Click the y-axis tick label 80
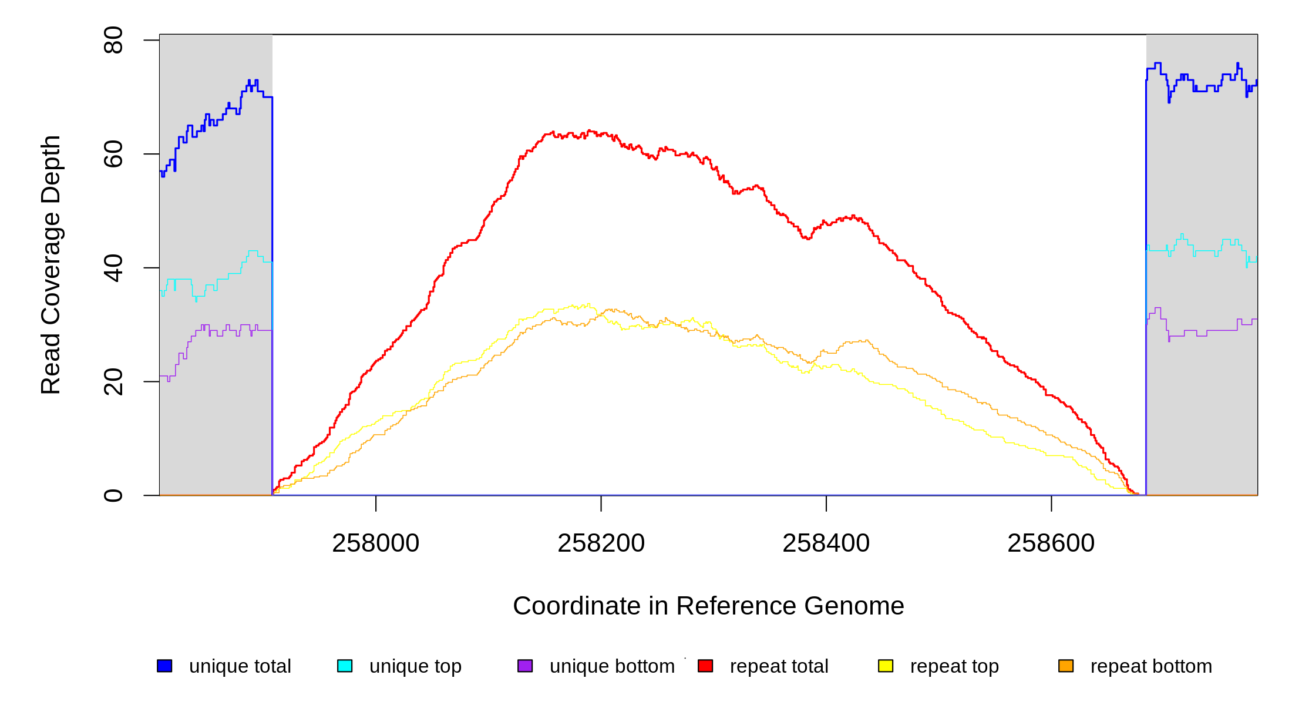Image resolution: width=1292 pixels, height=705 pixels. pyautogui.click(x=113, y=40)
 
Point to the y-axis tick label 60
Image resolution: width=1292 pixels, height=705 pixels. pyautogui.click(x=113, y=154)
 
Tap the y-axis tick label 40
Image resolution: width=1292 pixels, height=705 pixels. pyautogui.click(x=113, y=268)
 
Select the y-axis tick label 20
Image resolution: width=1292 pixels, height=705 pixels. pyautogui.click(x=113, y=381)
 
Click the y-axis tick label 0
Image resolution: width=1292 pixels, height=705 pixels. pyautogui.click(x=113, y=495)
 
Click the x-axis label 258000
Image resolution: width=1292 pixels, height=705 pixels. pyautogui.click(x=376, y=543)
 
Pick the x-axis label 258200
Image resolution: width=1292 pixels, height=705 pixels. pyautogui.click(x=601, y=543)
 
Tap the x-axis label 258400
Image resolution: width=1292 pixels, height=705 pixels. pyautogui.click(x=826, y=543)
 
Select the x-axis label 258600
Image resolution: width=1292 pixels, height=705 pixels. pyautogui.click(x=1051, y=543)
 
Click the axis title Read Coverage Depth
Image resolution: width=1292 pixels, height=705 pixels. pyautogui.click(x=51, y=264)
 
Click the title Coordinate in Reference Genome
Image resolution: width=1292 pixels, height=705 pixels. pyautogui.click(x=708, y=606)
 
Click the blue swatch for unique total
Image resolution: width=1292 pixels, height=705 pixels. pyautogui.click(x=164, y=666)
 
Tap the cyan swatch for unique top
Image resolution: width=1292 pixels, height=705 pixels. pyautogui.click(x=345, y=666)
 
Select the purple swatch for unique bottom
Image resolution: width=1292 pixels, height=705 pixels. pyautogui.click(x=525, y=666)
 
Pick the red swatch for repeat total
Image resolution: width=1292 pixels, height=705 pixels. pyautogui.click(x=705, y=666)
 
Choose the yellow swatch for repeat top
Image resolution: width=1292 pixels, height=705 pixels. pyautogui.click(x=886, y=666)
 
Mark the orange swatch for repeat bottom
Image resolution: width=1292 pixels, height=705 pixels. pyautogui.click(x=1066, y=666)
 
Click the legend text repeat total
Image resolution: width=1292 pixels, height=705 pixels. pyautogui.click(x=779, y=666)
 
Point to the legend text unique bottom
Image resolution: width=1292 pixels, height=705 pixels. pyautogui.click(x=612, y=666)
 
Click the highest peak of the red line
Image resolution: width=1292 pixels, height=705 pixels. pyautogui.click(x=588, y=131)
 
